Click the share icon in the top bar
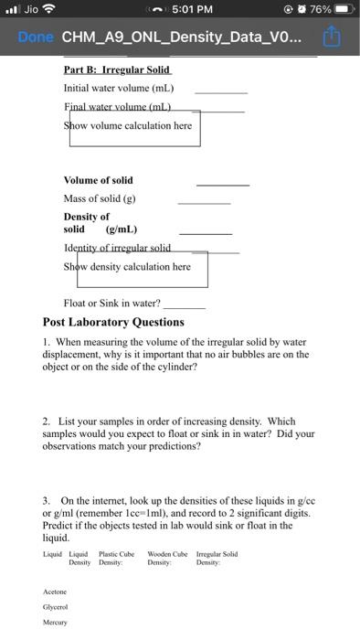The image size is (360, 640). tap(330, 37)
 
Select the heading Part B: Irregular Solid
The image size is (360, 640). tap(117, 69)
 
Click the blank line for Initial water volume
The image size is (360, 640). tap(220, 91)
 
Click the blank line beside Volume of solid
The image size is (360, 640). tap(223, 184)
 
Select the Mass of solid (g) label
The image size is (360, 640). tap(99, 198)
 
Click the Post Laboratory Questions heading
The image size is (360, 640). tap(113, 322)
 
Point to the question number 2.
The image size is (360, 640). tap(46, 421)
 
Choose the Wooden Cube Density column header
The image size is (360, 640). tap(167, 558)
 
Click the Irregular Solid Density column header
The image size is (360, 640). tap(217, 558)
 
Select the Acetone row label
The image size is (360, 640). tap(56, 591)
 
